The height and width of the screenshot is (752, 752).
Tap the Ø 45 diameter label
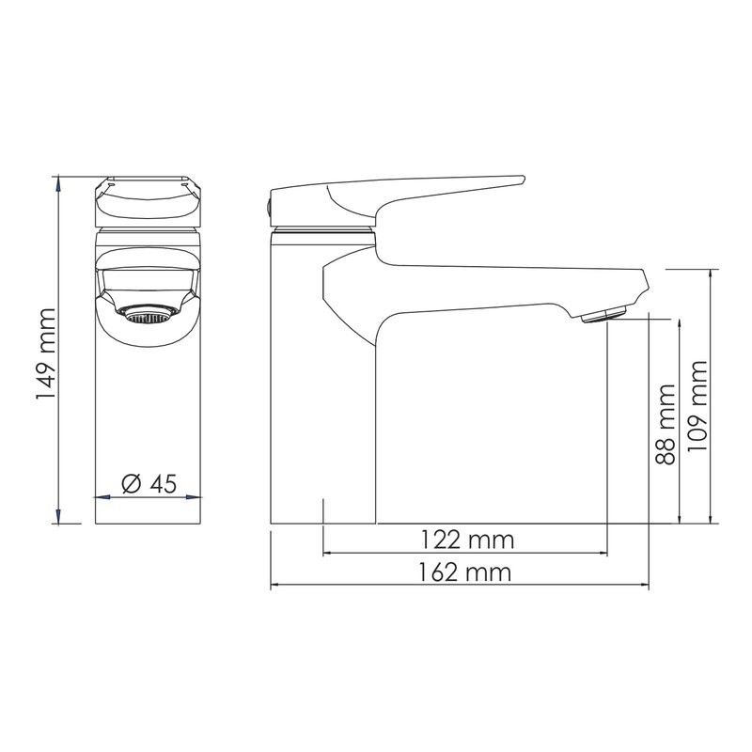[x=149, y=484]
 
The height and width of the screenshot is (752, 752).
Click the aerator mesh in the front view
[x=147, y=317]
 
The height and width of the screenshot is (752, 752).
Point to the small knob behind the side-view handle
[x=267, y=205]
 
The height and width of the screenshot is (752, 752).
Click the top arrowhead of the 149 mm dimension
[x=59, y=180]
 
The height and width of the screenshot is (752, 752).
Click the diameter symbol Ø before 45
[x=131, y=484]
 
